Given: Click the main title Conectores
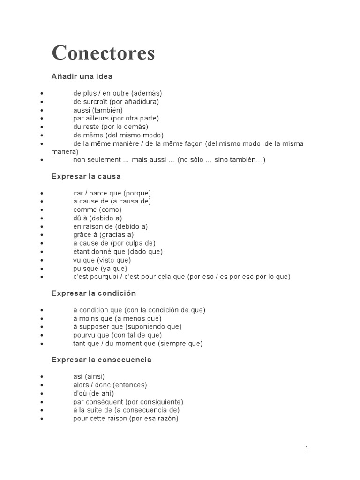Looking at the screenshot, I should (103, 53).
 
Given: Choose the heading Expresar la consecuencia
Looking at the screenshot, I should (101, 360).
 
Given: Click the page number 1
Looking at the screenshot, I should (307, 448).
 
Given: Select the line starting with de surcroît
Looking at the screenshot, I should (116, 101).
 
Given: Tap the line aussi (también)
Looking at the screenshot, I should (97, 110).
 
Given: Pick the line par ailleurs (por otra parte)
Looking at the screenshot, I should (116, 118).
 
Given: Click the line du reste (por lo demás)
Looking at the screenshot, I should (110, 127).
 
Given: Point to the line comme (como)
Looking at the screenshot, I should (97, 210).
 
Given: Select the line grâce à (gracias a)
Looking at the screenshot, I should (103, 235).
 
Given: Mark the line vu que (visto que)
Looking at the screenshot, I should (102, 260).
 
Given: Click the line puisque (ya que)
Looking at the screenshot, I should (100, 268).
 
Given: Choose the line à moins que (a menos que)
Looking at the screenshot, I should (117, 318).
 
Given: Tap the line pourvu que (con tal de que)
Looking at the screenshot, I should (117, 335).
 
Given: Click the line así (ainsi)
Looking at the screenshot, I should (89, 376).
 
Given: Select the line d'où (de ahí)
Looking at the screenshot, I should (93, 393).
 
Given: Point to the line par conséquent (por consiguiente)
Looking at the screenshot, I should (128, 402).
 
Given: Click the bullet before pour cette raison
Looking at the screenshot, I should (42, 419).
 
